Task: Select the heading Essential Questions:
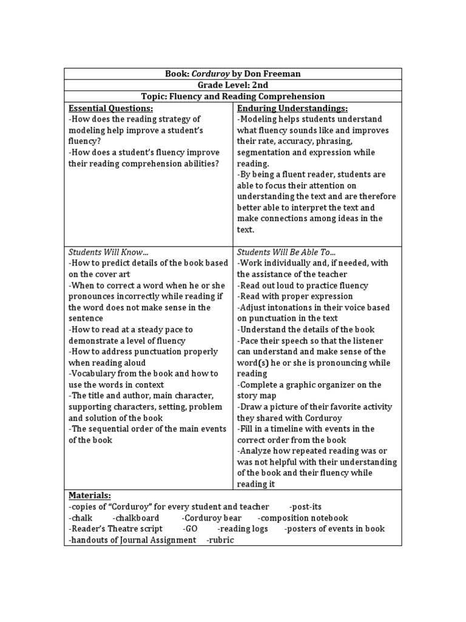pos(110,108)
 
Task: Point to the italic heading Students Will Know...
pos(108,252)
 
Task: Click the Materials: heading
pos(90,496)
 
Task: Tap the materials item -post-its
pos(309,507)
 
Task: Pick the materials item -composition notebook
pos(303,518)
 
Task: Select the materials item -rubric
pos(220,540)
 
